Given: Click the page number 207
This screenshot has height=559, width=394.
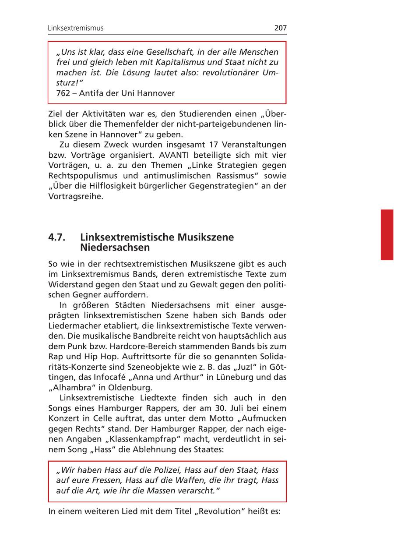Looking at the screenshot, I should pyautogui.click(x=280, y=28).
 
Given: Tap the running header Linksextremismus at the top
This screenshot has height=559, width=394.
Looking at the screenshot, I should pyautogui.click(x=76, y=28).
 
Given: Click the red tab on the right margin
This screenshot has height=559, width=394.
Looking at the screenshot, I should pyautogui.click(x=387, y=235).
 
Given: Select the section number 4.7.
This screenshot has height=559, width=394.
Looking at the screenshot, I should pyautogui.click(x=57, y=237).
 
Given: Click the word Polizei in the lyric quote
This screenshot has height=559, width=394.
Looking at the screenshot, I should pyautogui.click(x=165, y=470).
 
